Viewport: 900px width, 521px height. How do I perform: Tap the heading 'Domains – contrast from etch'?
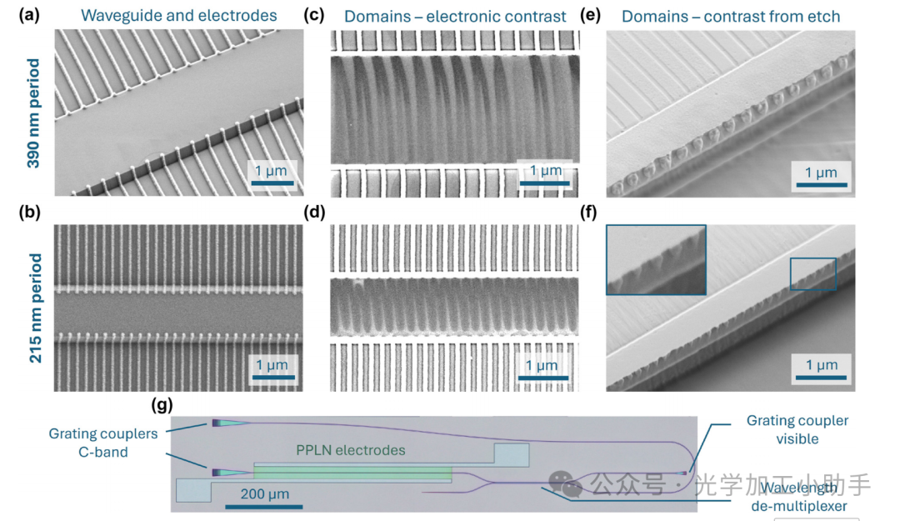[x=731, y=15]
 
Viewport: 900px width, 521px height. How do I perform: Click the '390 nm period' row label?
[x=33, y=113]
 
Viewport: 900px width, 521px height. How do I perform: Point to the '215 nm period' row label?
[x=33, y=308]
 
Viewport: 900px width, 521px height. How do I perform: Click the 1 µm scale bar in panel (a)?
[x=271, y=182]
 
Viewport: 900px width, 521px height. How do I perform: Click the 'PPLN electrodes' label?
[x=351, y=450]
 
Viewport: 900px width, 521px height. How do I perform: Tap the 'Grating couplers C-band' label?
[x=102, y=443]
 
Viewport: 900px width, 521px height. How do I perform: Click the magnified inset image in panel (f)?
[x=656, y=259]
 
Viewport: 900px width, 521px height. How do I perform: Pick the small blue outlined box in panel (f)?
[x=812, y=273]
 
